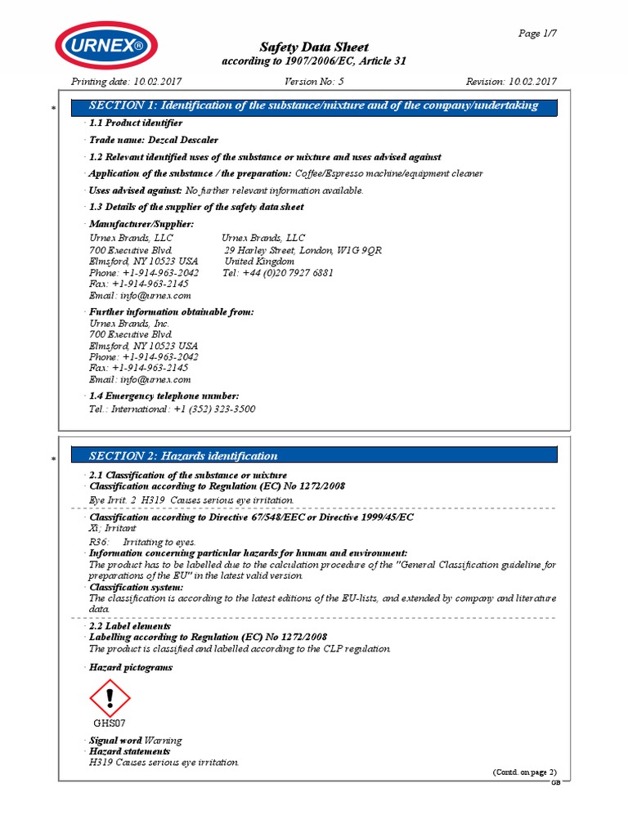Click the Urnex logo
point(105,45)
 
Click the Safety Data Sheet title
point(314,47)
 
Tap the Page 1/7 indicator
point(537,34)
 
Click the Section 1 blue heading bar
point(314,105)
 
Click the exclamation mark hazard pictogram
point(109,698)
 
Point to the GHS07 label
point(109,723)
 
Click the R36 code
point(97,542)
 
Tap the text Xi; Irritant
point(113,529)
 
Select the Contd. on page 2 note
point(523,772)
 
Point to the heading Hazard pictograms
point(131,668)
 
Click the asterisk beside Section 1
point(53,109)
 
